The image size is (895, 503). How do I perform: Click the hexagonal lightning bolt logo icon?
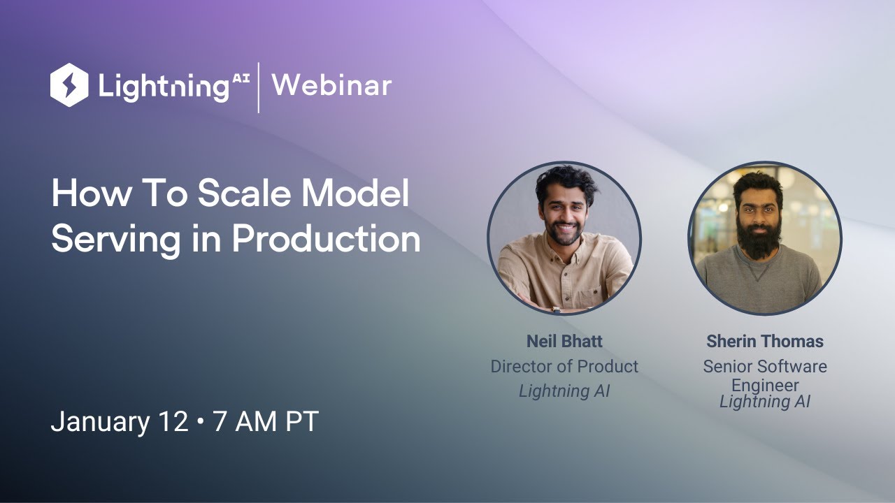[x=69, y=85]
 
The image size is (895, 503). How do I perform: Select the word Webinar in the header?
[x=331, y=85]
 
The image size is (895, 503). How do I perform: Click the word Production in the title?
[x=326, y=239]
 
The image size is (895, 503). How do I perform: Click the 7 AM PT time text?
[x=266, y=422]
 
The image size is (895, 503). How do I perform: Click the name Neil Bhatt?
[x=564, y=342]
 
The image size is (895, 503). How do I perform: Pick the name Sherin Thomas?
[x=765, y=342]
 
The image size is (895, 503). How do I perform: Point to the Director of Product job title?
[x=564, y=366]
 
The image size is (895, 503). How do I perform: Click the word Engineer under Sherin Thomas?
[x=765, y=385]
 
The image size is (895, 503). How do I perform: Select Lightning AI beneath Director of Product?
[x=564, y=391]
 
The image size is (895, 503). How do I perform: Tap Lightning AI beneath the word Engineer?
[x=765, y=402]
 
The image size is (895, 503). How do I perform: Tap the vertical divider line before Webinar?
[x=259, y=87]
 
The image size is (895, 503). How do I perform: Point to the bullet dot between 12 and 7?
[x=201, y=423]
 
